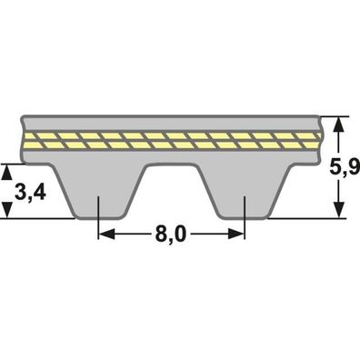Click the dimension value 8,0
(170, 235)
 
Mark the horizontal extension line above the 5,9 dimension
(332, 115)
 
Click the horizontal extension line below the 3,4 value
(36, 218)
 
